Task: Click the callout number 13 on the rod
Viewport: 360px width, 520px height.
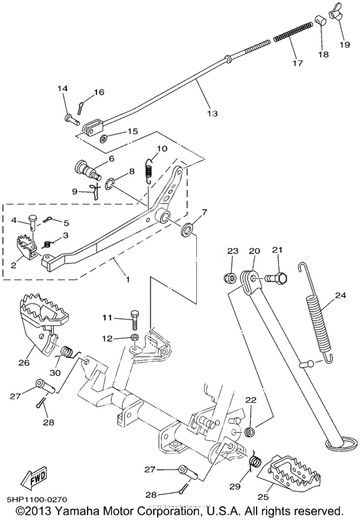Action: pyautogui.click(x=212, y=113)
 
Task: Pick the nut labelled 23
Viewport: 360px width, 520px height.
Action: pyautogui.click(x=230, y=276)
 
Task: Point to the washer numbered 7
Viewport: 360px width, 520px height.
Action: pyautogui.click(x=188, y=230)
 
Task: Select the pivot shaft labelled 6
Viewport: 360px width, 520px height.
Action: pyautogui.click(x=87, y=169)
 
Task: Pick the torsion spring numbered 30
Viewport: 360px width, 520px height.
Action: pyautogui.click(x=69, y=353)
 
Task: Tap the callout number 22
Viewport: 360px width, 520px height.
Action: pyautogui.click(x=251, y=400)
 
